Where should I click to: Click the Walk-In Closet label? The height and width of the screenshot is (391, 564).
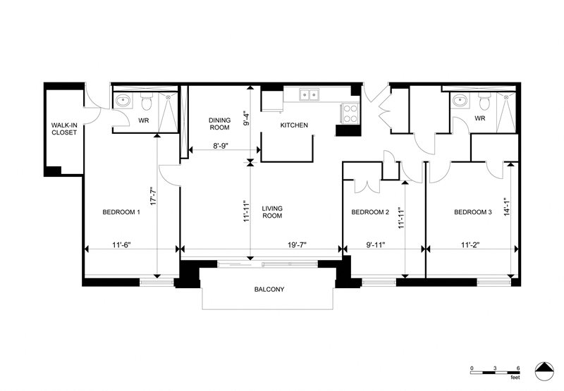tap(64, 129)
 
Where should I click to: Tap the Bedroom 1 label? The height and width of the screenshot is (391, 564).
tap(121, 212)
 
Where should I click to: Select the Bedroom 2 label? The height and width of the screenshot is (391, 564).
tap(370, 212)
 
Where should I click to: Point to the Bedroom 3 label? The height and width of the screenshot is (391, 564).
tap(472, 212)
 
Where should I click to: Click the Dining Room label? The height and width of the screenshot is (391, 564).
tap(220, 123)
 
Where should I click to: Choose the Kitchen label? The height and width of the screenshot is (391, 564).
tap(294, 125)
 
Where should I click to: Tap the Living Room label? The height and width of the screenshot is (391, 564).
tap(272, 212)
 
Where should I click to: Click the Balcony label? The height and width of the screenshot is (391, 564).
tap(269, 290)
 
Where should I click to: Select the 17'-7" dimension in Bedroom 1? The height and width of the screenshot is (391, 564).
tap(153, 197)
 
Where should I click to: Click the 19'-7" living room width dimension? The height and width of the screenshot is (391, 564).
tap(297, 245)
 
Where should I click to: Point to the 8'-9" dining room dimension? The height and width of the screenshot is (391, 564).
tap(221, 146)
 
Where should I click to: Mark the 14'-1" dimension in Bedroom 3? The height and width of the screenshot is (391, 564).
tap(507, 206)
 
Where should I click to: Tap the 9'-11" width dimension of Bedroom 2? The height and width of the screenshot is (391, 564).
tap(376, 245)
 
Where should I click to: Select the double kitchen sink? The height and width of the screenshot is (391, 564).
tap(309, 95)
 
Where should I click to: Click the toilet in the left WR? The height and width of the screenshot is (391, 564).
tap(147, 101)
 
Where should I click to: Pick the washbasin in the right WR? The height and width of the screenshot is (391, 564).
tap(460, 100)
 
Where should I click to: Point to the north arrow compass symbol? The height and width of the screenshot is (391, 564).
tap(544, 371)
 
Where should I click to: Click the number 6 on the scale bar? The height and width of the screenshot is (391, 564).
tap(518, 368)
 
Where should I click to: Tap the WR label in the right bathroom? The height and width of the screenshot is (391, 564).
tap(480, 118)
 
